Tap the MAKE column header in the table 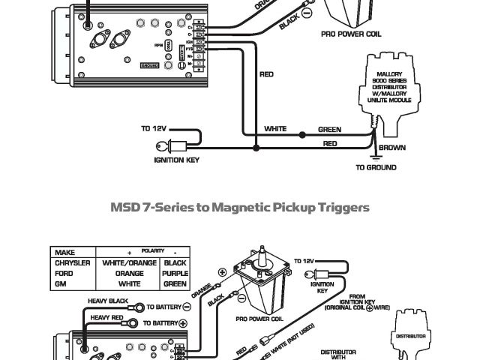[64, 253]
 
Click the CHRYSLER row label [73, 263]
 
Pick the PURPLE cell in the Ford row [175, 274]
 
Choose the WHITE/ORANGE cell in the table [129, 263]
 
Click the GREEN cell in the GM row [175, 284]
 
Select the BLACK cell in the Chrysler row [175, 263]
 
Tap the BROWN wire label [391, 148]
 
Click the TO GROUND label [376, 168]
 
